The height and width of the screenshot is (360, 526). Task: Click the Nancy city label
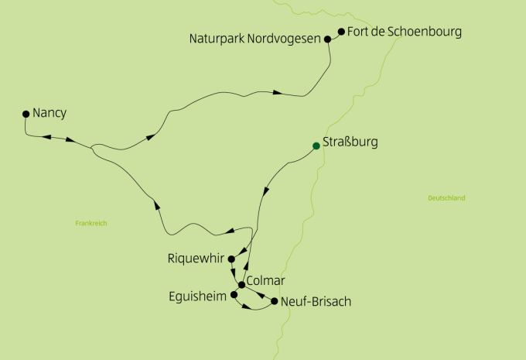coord(50,113)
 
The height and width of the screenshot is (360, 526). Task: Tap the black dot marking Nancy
coord(26,114)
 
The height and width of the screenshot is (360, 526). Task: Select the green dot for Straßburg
coord(316,146)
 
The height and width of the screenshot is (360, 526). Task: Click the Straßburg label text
coord(349,143)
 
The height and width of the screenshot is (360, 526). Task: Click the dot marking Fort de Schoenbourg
coord(340,33)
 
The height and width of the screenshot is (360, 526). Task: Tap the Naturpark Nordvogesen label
coord(255,38)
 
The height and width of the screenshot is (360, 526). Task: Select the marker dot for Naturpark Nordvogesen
coord(328,38)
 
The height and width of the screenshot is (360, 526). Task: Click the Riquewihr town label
coord(196,259)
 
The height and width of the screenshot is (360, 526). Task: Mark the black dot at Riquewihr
coord(231,259)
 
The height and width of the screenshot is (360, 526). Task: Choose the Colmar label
coord(265,280)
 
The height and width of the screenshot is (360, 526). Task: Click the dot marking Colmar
coord(242,285)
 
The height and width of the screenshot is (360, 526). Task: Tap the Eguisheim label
coord(198,296)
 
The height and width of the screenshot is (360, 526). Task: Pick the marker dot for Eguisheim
coord(234,295)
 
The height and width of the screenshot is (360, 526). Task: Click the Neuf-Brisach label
coord(316,301)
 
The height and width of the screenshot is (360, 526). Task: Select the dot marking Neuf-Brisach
coord(274,301)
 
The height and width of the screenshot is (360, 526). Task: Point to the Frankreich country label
coord(91,223)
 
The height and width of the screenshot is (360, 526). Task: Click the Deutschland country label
coord(446,198)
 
